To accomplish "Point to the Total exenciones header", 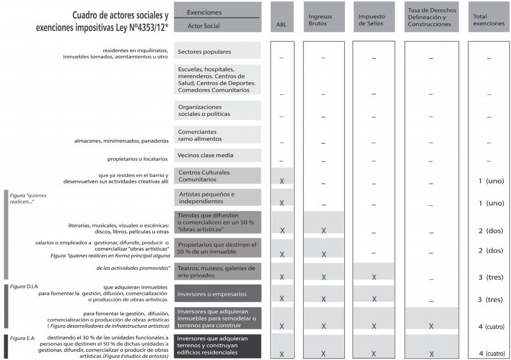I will coord(488,21).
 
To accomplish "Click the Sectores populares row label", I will coord(205,52).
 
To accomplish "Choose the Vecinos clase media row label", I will coord(206,155).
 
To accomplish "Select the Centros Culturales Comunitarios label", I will coord(204,176).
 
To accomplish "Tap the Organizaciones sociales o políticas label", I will coord(200,110).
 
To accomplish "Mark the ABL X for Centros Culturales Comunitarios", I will coord(282,181).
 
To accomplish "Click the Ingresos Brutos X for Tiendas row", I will coord(323,230).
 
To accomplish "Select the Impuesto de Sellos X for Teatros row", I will coord(374,277).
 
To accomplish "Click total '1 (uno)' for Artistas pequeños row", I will coord(488,204).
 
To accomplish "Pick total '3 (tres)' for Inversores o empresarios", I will coord(488,300).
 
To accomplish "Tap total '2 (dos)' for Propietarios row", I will coord(488,251).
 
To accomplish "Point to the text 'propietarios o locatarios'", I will coord(137,159).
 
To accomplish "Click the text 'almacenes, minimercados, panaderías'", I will coord(121,140).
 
